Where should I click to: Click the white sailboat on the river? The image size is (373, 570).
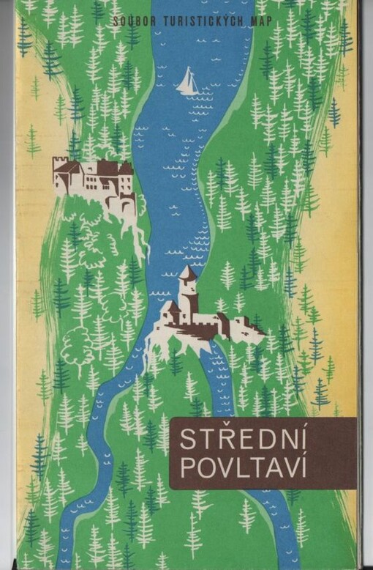pos(188,82)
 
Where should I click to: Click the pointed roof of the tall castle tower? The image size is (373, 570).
pos(188,273)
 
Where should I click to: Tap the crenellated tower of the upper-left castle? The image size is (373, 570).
pos(61,166)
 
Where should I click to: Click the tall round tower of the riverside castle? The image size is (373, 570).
pos(188,293)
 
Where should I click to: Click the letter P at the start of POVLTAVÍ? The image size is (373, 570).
pos(186,470)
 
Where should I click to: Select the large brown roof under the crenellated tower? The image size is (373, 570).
pos(69,169)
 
